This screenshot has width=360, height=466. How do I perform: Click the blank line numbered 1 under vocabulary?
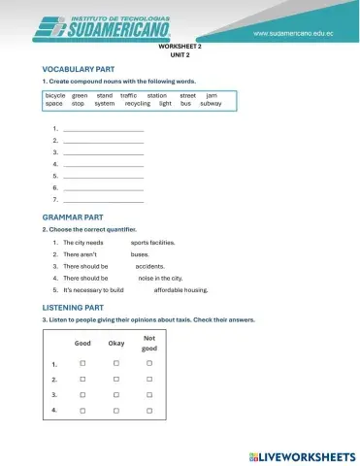(x=103, y=129)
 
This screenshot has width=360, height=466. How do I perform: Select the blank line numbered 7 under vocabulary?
(x=103, y=199)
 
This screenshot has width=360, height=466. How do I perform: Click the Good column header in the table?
(x=83, y=343)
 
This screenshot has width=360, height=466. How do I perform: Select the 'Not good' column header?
(x=148, y=343)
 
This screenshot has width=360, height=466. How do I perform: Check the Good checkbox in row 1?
(x=83, y=363)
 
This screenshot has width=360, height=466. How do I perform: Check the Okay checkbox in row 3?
(x=115, y=395)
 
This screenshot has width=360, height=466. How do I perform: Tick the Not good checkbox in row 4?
(x=148, y=411)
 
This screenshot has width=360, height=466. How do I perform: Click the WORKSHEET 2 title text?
(x=179, y=47)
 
